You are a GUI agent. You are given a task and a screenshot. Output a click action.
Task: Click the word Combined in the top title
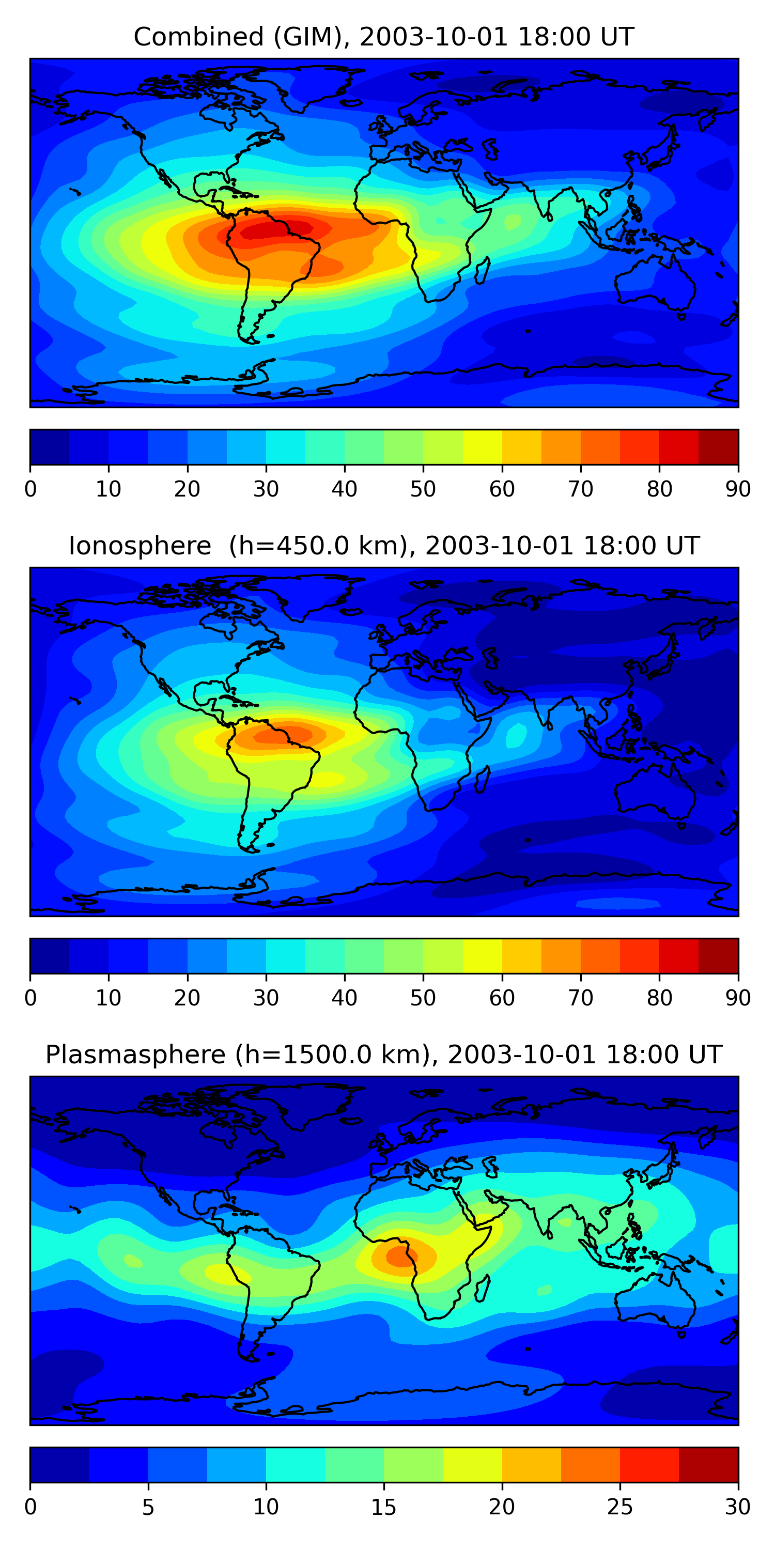click(x=198, y=37)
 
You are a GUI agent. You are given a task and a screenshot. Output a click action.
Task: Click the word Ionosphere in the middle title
click(x=139, y=546)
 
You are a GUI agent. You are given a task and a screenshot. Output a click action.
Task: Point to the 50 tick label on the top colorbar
click(x=423, y=489)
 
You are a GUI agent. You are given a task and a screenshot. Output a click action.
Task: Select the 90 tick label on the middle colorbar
click(x=738, y=998)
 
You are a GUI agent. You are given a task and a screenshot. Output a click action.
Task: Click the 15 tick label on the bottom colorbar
click(x=383, y=1507)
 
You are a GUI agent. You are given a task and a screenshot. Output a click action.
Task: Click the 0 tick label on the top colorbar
click(x=30, y=489)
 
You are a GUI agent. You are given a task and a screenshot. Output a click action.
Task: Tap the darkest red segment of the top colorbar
click(x=719, y=447)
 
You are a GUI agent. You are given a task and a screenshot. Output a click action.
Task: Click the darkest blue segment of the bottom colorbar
click(x=59, y=1465)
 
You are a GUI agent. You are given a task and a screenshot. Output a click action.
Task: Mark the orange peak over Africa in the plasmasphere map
click(x=399, y=1257)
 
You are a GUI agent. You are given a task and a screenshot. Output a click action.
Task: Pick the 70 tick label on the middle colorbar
click(x=580, y=998)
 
